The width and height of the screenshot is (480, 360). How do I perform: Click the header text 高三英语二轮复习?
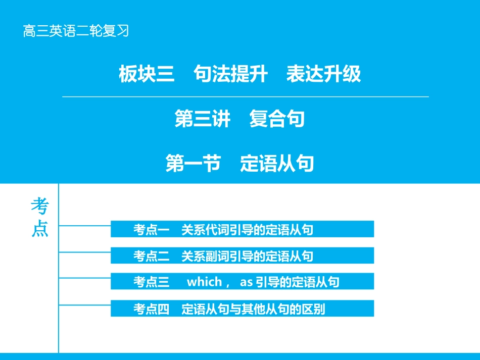coord(76,31)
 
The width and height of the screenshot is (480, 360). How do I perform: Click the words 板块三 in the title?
coord(147,74)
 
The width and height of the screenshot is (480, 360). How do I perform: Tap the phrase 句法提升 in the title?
coord(223,74)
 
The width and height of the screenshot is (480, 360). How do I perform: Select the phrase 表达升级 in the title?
coord(323,74)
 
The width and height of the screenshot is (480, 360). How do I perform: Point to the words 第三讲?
coord(203,120)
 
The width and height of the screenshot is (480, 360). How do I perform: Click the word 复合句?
coord(277,120)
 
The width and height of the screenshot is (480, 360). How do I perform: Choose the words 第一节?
coord(194,164)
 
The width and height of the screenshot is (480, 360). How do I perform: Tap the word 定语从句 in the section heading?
coord(277,164)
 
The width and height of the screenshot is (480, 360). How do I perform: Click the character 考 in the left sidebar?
coord(40,207)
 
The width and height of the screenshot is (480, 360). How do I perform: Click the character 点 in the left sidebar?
coord(40,229)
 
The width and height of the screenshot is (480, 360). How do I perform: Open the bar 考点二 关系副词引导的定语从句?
coord(243,256)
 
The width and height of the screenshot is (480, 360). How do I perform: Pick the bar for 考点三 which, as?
coord(243,282)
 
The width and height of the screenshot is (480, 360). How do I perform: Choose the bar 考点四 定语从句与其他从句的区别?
coord(243,308)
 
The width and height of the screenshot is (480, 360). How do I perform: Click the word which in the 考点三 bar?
coord(204,282)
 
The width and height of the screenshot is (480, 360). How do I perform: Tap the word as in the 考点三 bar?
coord(246,282)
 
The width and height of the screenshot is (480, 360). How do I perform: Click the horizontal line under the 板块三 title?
coord(245,96)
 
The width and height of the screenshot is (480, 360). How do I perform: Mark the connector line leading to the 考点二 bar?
coord(85,251)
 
